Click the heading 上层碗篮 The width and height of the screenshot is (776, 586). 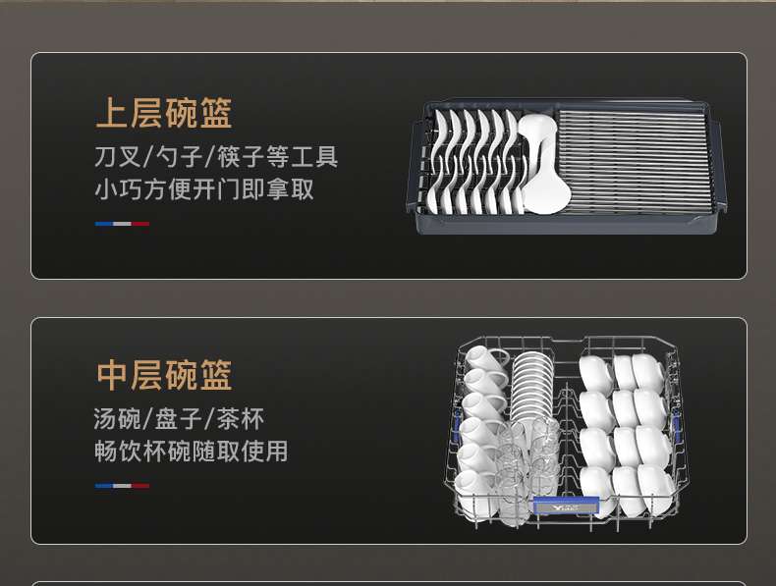(164, 113)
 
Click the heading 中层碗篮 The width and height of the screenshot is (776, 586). (164, 375)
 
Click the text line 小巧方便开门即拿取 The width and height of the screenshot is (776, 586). (204, 188)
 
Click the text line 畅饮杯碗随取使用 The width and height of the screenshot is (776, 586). (192, 452)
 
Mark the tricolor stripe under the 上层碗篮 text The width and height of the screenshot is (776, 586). (122, 224)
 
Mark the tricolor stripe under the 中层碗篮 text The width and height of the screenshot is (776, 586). (122, 485)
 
